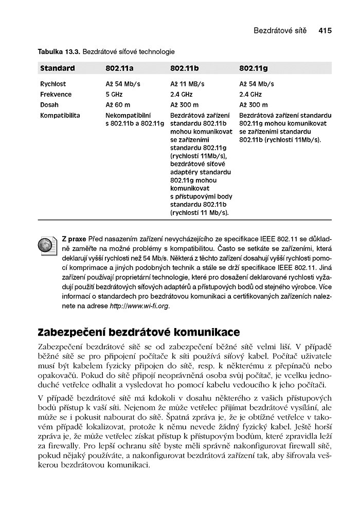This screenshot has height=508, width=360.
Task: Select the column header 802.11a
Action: click(x=119, y=68)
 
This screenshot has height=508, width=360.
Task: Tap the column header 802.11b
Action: click(x=185, y=68)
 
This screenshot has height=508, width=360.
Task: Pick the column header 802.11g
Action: click(x=254, y=68)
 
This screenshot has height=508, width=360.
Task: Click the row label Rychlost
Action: click(x=53, y=84)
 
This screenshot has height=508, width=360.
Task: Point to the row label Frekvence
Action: click(x=56, y=95)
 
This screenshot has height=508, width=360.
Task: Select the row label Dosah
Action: click(x=49, y=105)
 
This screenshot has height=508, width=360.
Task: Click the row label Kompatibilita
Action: click(x=60, y=116)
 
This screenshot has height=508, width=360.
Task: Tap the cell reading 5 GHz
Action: click(x=114, y=95)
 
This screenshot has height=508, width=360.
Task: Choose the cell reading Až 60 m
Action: click(x=118, y=105)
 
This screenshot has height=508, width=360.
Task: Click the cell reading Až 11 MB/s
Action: click(x=187, y=84)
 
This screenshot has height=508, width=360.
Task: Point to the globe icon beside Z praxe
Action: click(x=48, y=246)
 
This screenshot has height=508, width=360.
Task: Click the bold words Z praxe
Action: click(x=74, y=239)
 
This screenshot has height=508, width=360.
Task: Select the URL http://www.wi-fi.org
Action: click(x=139, y=306)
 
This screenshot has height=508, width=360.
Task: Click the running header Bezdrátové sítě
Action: click(x=280, y=31)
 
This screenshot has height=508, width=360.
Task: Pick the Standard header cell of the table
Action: click(x=58, y=68)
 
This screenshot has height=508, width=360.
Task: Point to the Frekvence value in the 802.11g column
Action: click(x=250, y=95)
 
